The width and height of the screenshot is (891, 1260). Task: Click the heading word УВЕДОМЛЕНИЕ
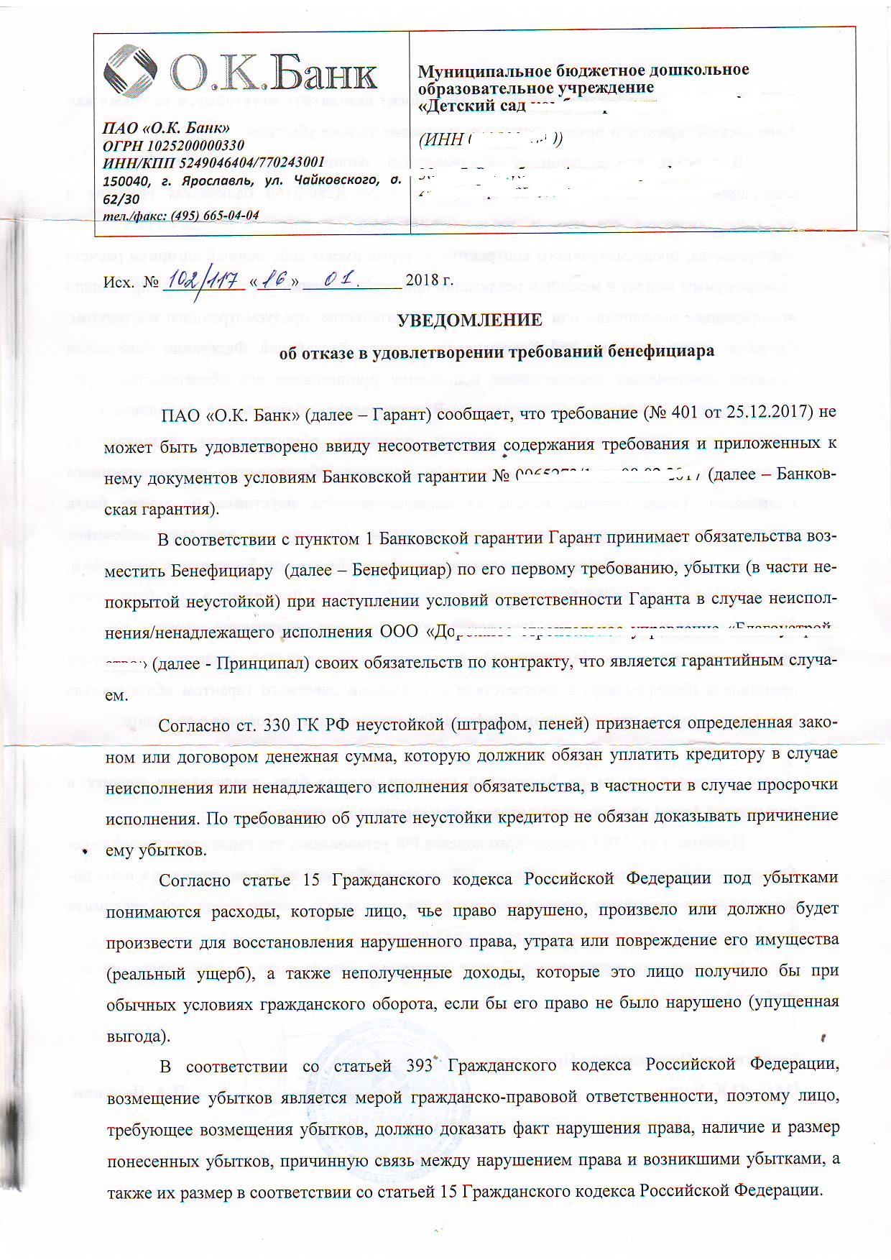pos(471,320)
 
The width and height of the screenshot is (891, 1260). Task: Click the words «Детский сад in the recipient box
pos(471,106)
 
